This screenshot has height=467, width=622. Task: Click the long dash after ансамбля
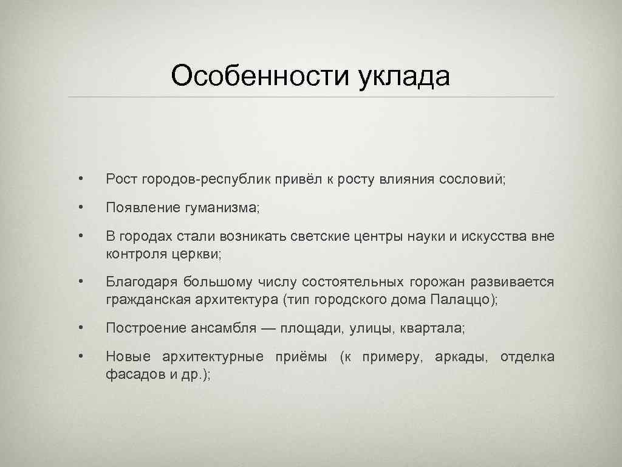click(268, 328)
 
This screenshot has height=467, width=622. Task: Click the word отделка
click(527, 357)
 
